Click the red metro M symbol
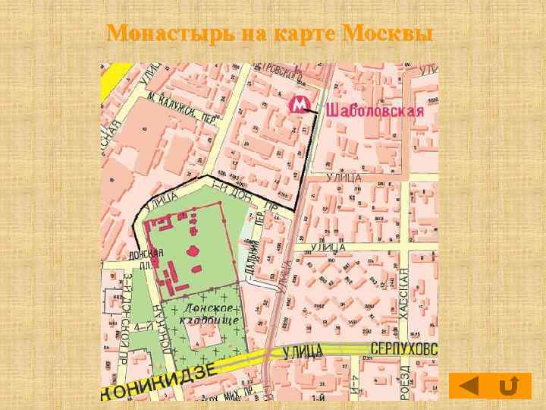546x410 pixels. [300, 105]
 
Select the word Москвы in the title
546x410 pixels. [388, 34]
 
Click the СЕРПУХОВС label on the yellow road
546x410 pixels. [404, 348]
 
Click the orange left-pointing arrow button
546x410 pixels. [469, 386]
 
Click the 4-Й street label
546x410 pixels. [141, 326]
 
